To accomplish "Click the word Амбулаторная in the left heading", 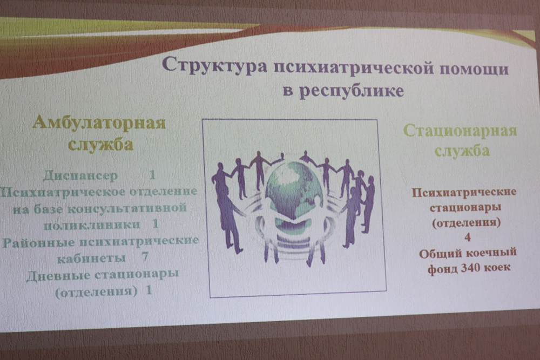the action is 99,123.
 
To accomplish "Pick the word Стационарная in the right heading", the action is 460,131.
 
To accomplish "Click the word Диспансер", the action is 80,176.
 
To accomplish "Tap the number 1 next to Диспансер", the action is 152,175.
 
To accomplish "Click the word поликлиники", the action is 92,225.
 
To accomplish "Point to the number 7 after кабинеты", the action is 145,257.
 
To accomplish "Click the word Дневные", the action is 58,275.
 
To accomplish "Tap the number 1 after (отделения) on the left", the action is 148,290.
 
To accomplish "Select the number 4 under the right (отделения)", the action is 467,237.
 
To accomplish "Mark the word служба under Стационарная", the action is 462,151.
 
